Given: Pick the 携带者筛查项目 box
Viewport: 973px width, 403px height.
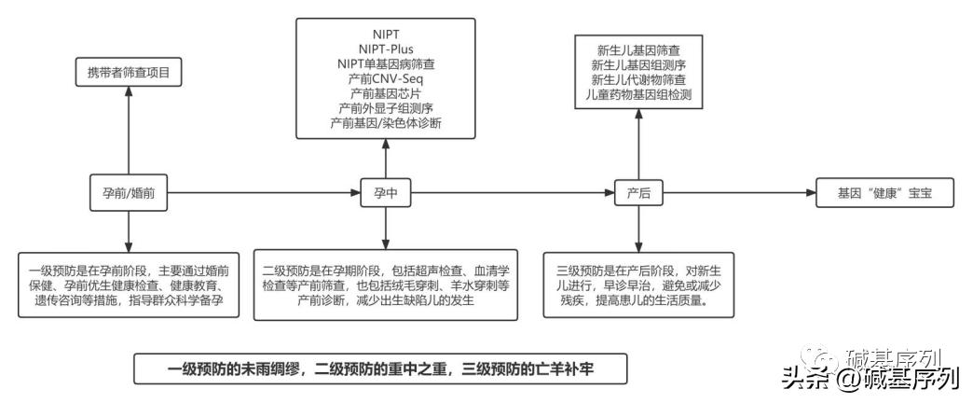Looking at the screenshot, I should (129, 72).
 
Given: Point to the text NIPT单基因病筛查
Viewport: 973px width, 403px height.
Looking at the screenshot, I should (386, 63).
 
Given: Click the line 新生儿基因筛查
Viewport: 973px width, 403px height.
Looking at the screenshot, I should (638, 49).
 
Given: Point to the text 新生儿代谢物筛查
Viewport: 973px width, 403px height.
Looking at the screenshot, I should (638, 79).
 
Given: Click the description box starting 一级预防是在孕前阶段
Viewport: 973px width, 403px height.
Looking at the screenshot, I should (129, 284).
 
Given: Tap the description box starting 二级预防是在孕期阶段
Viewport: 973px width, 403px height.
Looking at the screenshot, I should (386, 284).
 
